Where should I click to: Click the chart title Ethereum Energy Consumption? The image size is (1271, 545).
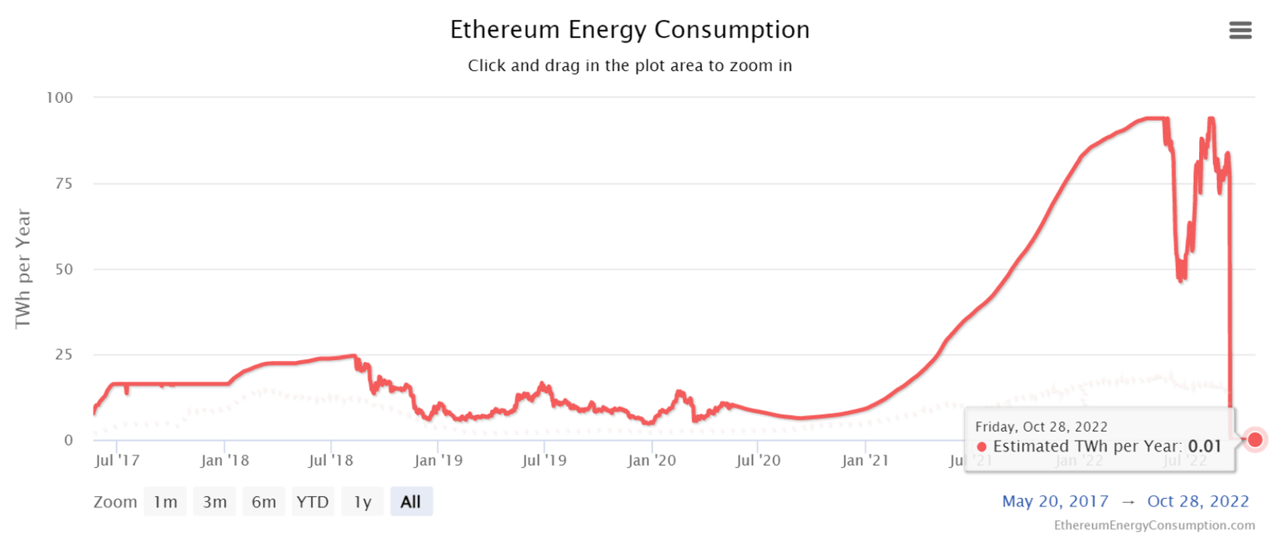pyautogui.click(x=630, y=30)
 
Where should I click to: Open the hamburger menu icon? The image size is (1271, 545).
pyautogui.click(x=1240, y=31)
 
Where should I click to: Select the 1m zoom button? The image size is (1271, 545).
pyautogui.click(x=165, y=502)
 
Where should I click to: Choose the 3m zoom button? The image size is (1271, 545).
pyautogui.click(x=214, y=502)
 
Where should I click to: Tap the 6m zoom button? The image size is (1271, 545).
pyautogui.click(x=264, y=502)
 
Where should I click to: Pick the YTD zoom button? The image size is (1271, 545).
pyautogui.click(x=313, y=502)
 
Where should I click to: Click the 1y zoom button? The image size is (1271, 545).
pyautogui.click(x=362, y=502)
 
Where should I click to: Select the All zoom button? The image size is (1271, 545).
pyautogui.click(x=410, y=502)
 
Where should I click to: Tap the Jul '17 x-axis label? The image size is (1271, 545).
pyautogui.click(x=118, y=461)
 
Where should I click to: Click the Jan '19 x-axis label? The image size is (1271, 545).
pyautogui.click(x=438, y=461)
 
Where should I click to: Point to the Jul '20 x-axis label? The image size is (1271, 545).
pyautogui.click(x=758, y=461)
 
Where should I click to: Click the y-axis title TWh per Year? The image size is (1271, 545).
pyautogui.click(x=23, y=268)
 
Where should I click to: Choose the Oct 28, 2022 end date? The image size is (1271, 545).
pyautogui.click(x=1197, y=501)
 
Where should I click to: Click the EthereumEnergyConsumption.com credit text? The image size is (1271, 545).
pyautogui.click(x=1154, y=525)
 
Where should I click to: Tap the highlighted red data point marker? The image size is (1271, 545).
pyautogui.click(x=1254, y=439)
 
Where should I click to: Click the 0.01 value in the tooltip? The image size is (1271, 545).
pyautogui.click(x=1205, y=446)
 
